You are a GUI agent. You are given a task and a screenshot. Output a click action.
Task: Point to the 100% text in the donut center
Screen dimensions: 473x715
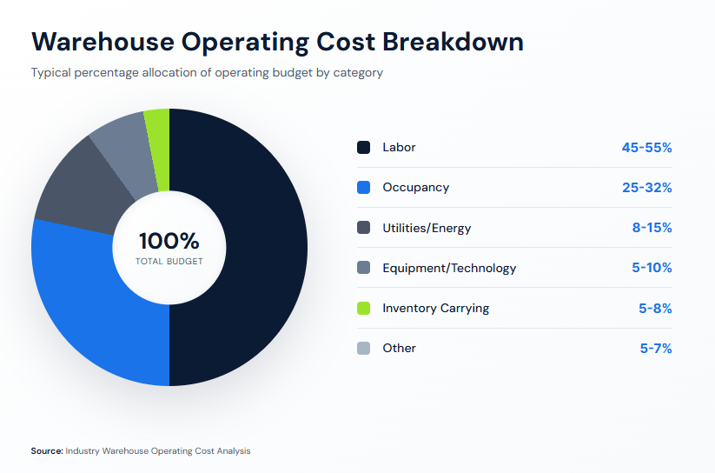[169, 241]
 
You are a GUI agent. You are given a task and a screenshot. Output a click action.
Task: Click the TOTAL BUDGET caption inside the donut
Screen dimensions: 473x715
[169, 261]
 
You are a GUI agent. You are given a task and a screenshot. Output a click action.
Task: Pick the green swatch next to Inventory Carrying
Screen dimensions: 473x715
[364, 308]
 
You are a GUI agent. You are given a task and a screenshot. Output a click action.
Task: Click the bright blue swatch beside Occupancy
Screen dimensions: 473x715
[364, 188]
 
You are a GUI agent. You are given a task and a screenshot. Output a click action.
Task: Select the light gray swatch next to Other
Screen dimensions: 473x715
[364, 348]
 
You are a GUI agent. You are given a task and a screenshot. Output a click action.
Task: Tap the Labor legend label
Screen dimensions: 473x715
[399, 148]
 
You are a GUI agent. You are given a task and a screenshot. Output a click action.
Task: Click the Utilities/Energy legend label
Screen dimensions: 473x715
[427, 228]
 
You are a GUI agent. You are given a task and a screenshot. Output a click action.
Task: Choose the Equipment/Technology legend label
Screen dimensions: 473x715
[449, 268]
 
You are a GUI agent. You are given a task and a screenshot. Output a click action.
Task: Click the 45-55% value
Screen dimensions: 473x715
[646, 148]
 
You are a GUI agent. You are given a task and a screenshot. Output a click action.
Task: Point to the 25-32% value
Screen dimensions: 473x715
[646, 188]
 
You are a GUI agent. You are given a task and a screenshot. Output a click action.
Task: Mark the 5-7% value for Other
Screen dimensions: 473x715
[656, 348]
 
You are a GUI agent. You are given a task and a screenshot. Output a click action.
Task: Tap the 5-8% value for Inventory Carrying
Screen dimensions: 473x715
[656, 308]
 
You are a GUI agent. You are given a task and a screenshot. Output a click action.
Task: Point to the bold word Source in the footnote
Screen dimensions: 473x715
[47, 451]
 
